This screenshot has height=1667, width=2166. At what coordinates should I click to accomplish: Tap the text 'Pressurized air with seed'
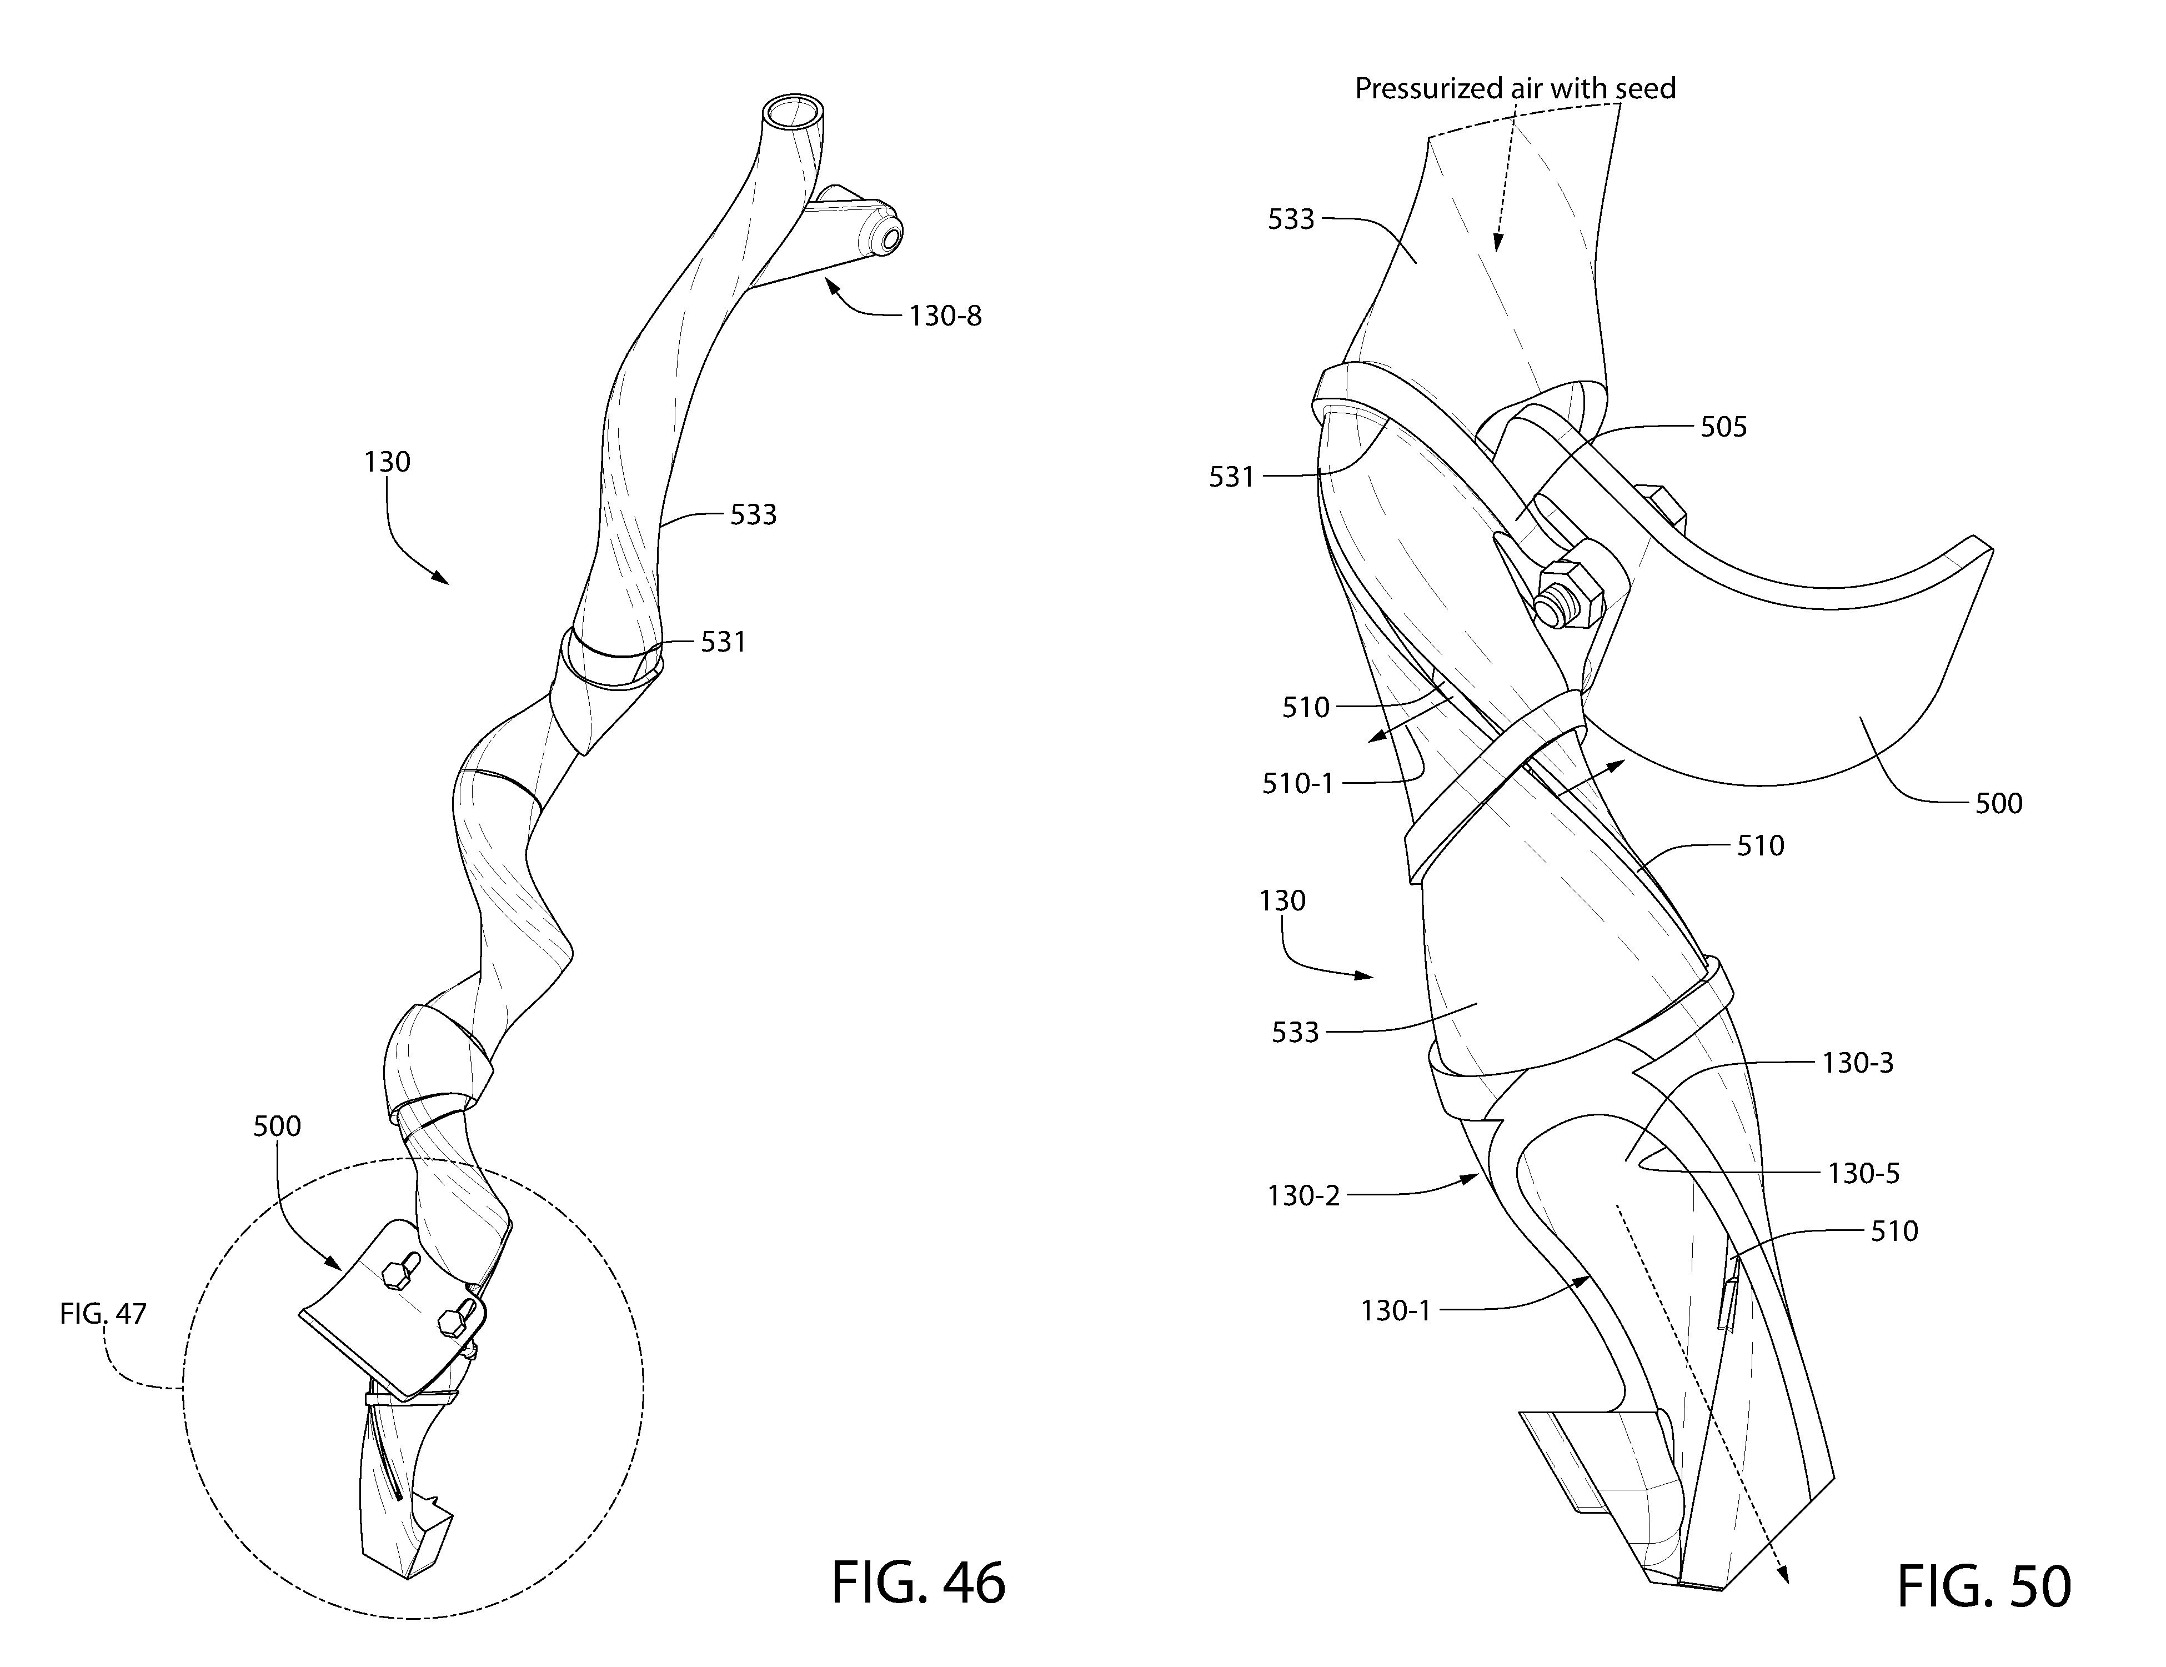pos(1515,89)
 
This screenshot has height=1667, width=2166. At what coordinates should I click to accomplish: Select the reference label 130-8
pos(945,316)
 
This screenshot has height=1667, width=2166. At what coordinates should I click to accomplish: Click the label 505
pos(1724,427)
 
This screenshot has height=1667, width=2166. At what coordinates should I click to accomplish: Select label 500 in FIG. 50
pos(1998,803)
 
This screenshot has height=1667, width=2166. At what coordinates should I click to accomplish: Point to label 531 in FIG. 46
pos(723,643)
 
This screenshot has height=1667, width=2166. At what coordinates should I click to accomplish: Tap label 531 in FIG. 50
pos(1232,478)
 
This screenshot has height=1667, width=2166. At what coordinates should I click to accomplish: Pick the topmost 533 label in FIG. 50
pos(1291,219)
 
